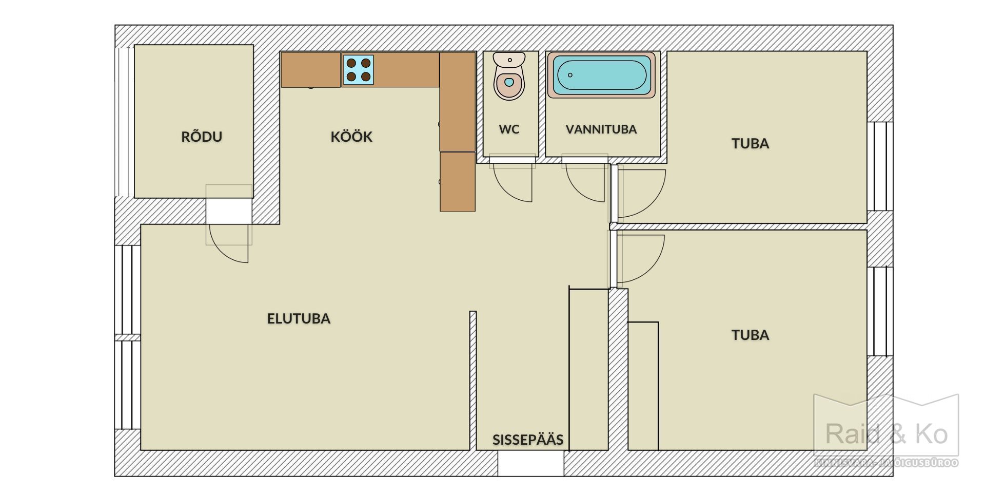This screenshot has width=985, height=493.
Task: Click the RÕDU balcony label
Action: pos(202,137)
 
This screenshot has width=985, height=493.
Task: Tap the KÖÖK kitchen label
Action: pos(351,137)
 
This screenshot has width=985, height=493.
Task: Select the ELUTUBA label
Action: pos(299,318)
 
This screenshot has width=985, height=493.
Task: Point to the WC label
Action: pos(509,129)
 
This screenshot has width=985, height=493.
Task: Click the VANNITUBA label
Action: pos(601,129)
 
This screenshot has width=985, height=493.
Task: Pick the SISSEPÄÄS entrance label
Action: pos(528,440)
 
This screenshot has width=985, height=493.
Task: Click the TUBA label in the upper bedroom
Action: pos(750,143)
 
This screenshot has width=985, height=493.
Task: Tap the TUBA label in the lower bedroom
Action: pos(750,335)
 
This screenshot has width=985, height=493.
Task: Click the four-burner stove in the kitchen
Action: pos(358,70)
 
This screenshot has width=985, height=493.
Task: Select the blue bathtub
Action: pos(601,75)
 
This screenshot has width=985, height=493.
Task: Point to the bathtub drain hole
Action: pos(570,75)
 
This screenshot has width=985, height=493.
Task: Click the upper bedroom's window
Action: pos(880,166)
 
